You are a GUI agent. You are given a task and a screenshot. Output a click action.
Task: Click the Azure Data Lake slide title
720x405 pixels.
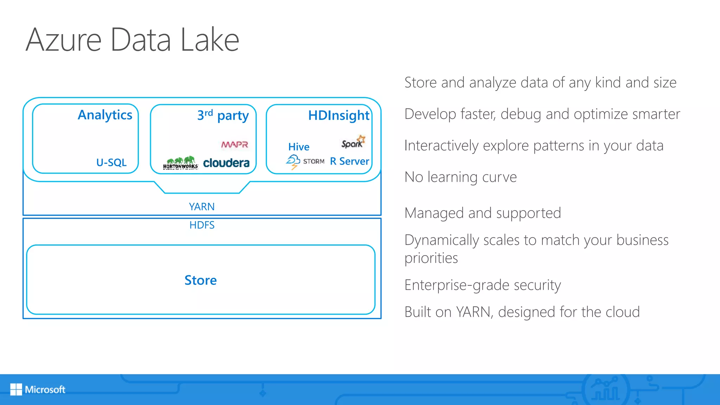coord(132,40)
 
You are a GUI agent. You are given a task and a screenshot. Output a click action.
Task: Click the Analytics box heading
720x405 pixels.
coord(105,115)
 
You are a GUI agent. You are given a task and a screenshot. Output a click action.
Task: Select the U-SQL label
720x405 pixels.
coord(111,162)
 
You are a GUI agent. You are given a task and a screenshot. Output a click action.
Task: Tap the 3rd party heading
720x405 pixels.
coord(223,115)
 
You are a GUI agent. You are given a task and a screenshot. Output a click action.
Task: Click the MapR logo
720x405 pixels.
coord(234,144)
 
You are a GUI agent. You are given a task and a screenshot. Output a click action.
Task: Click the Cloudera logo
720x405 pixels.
coord(226,163)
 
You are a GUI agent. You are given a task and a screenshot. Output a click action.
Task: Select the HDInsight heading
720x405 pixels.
coord(339,115)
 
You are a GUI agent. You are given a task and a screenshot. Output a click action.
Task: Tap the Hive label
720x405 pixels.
coord(299,147)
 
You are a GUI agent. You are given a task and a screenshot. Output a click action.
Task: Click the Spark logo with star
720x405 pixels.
coord(353,142)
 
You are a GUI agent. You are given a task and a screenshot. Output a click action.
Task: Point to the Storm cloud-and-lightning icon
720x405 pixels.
coord(293,162)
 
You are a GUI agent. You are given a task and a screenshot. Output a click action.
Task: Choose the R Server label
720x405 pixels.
coord(349,161)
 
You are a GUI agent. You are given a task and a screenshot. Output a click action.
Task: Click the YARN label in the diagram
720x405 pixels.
coord(201,207)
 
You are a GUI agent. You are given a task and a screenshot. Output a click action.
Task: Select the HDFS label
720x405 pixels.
coord(202,225)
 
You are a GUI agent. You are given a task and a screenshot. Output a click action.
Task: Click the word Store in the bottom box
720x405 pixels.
coord(200,280)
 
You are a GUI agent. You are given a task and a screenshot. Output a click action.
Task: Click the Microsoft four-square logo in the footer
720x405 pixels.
coord(16,389)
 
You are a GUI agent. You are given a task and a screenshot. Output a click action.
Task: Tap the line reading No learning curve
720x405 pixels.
coord(460,177)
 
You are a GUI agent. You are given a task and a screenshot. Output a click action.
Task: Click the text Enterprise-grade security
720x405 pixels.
coord(482,285)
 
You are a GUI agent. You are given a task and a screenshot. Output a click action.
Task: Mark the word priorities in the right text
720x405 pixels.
coord(431,258)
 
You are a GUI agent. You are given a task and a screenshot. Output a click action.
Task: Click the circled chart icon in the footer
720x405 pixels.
coord(606,389)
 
